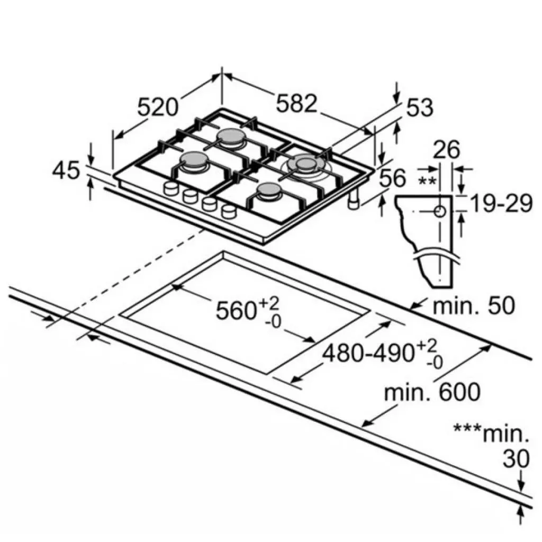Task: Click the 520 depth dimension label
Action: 158,107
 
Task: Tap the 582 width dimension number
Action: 296,103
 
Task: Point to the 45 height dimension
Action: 66,171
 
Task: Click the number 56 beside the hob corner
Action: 392,178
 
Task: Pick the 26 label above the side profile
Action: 446,150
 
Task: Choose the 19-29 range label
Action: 501,204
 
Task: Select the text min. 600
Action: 432,392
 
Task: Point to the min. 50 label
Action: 474,305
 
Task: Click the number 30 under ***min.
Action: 516,459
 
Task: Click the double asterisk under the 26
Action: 427,181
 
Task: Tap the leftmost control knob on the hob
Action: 170,188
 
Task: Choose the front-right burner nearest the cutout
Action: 269,191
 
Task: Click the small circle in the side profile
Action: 440,211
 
